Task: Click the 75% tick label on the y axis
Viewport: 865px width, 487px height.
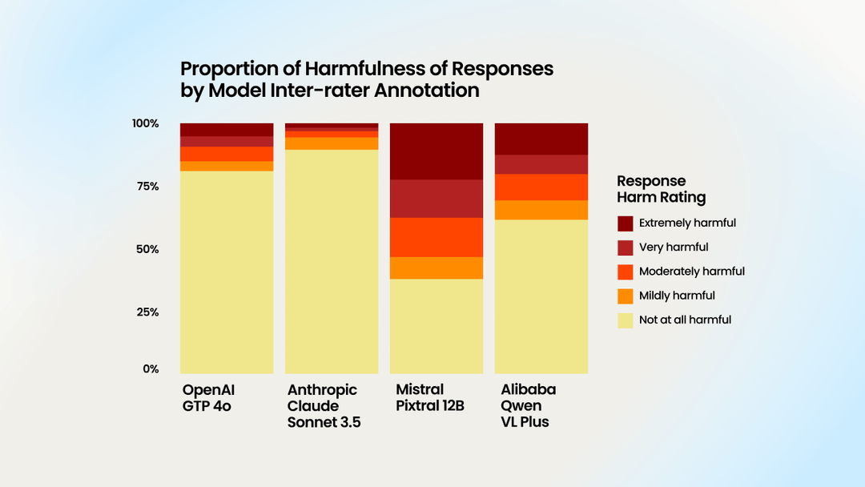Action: point(145,187)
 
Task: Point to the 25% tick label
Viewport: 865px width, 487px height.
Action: point(145,312)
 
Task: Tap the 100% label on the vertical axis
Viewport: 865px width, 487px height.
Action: point(146,123)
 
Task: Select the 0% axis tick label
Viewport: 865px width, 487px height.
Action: point(151,369)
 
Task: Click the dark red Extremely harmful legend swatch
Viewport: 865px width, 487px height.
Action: point(626,223)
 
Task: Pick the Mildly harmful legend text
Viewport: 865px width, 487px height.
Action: point(677,296)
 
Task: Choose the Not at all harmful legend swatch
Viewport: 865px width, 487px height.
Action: point(626,320)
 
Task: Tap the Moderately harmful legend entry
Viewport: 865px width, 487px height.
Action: point(691,272)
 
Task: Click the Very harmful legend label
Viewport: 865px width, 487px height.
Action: point(674,248)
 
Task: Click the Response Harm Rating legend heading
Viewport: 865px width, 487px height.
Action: point(661,189)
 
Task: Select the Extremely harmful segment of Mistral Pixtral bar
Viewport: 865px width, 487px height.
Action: point(437,151)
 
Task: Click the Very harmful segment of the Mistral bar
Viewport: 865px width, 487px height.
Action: point(437,199)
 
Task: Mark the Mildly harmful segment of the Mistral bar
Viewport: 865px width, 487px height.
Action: point(437,268)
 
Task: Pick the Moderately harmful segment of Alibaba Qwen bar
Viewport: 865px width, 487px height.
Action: point(541,187)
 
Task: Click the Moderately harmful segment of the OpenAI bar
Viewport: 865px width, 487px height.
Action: point(227,154)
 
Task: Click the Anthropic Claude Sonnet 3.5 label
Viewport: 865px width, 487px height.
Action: point(324,405)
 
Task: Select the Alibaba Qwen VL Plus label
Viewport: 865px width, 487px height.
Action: point(529,405)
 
